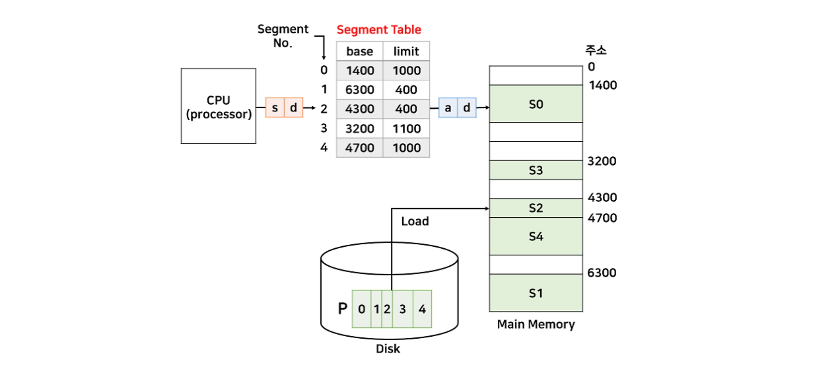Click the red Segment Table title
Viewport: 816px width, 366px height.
379,30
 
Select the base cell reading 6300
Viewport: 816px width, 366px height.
359,90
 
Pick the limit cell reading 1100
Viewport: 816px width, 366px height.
406,129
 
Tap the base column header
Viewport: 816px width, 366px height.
359,51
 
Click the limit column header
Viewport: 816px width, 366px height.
406,51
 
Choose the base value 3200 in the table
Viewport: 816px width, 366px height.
359,129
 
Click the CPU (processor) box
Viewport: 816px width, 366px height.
218,106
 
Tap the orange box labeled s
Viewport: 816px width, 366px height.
275,108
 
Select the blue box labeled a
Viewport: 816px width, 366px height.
448,108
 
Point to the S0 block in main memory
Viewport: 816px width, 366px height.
536,104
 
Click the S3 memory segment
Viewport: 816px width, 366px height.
536,170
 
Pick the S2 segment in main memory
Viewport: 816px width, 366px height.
536,208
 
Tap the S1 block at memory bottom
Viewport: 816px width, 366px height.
536,293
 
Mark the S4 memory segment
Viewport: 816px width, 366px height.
536,237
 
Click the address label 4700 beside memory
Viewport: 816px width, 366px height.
602,218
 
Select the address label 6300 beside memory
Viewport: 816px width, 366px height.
602,273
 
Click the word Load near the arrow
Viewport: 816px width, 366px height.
415,221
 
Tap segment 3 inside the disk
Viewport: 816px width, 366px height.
402,309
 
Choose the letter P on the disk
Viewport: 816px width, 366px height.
343,308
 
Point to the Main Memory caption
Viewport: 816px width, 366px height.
536,324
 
